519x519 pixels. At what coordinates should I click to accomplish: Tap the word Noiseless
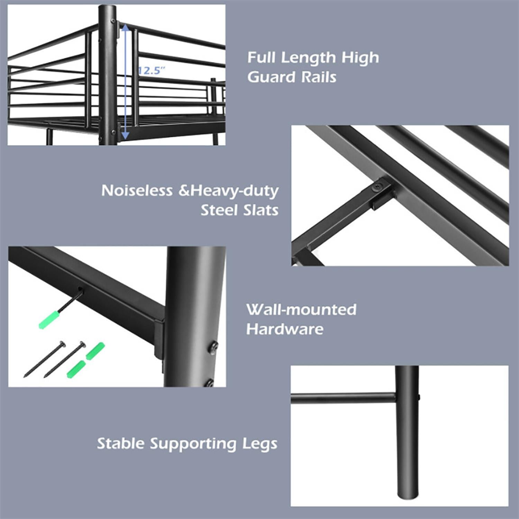click(x=137, y=191)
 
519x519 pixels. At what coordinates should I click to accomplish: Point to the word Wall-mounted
click(x=301, y=310)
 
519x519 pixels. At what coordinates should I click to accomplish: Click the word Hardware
click(x=285, y=329)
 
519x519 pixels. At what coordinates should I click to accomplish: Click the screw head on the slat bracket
click(x=378, y=187)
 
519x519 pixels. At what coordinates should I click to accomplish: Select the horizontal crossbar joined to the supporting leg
click(x=343, y=398)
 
